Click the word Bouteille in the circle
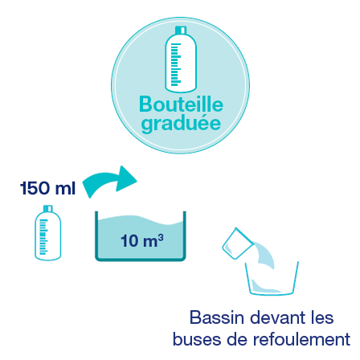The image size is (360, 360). [181, 104]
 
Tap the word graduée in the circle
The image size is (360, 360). [181, 124]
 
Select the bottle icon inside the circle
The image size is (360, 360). [181, 59]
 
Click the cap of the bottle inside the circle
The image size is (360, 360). [181, 30]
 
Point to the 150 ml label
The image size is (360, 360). [47, 188]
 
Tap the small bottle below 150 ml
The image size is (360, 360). [48, 232]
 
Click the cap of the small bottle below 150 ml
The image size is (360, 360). [48, 208]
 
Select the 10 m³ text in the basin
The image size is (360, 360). [142, 240]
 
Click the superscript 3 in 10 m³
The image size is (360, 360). [161, 237]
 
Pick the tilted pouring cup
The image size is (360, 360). [237, 243]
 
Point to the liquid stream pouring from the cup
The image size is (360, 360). [264, 255]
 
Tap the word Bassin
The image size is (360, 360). [217, 317]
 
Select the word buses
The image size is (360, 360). [197, 339]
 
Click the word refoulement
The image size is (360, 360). [301, 339]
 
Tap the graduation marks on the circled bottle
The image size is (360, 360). [176, 64]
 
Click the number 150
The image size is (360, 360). [35, 188]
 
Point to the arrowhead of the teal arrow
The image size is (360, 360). [126, 178]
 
